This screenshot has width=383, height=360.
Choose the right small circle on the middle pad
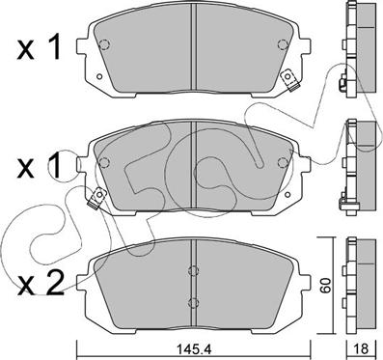pyautogui.click(x=281, y=160)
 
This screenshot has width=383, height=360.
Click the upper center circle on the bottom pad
pyautogui.click(x=193, y=269)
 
